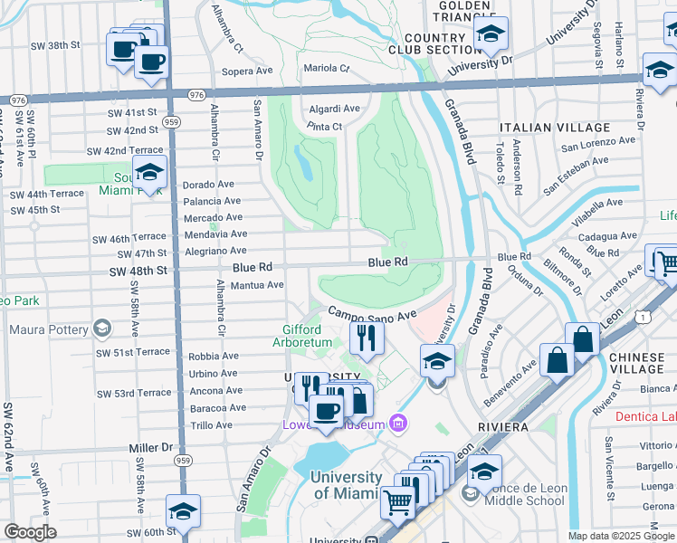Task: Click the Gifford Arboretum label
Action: [309, 336]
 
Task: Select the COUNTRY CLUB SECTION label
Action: [435, 43]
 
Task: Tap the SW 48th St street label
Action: [138, 271]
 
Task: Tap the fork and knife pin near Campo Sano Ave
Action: [367, 338]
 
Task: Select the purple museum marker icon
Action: [396, 423]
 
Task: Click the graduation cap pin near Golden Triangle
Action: [490, 34]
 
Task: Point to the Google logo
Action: [30, 532]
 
